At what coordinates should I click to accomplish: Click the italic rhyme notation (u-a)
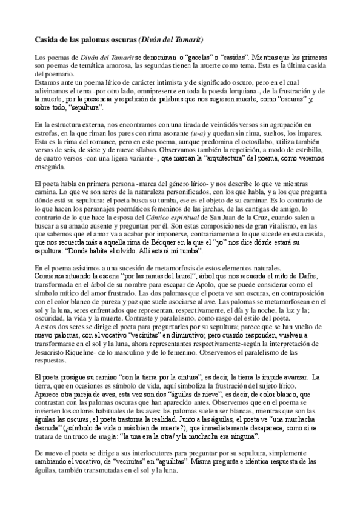tap(198, 133)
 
